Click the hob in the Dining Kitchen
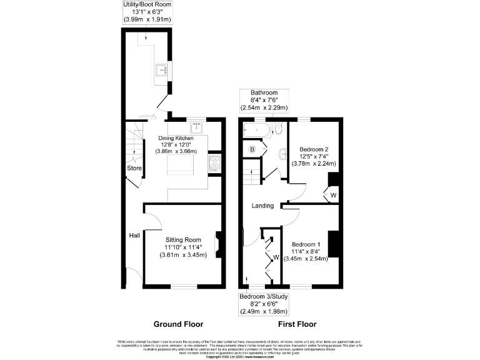point(214,162)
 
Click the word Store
point(134,168)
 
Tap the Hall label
point(134,235)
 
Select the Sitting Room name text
point(183,239)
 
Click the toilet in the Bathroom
point(279,129)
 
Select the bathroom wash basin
point(284,154)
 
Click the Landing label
point(262,206)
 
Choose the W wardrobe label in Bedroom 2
point(332,195)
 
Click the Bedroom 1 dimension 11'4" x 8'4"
point(305,252)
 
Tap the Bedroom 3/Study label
point(269,296)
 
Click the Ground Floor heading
point(177,324)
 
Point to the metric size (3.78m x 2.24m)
point(314,164)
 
